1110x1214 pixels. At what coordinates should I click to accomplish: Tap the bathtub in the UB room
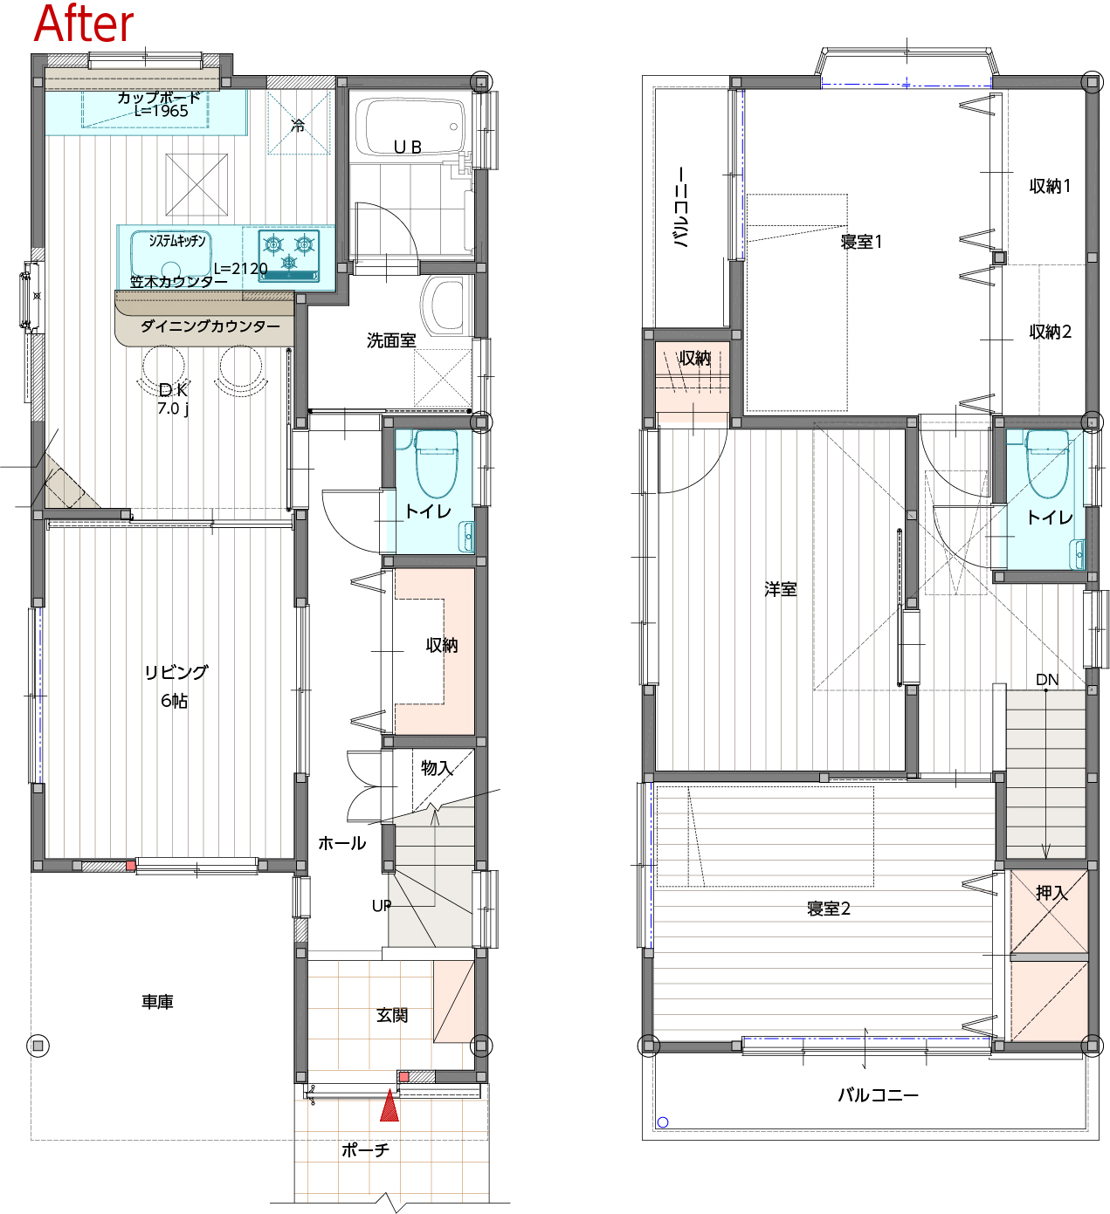point(410,127)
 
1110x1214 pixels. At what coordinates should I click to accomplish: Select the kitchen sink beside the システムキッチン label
point(171,254)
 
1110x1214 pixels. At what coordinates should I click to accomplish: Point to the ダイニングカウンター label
point(210,326)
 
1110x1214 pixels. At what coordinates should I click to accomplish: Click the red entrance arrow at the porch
point(390,1104)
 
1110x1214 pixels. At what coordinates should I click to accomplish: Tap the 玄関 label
point(392,1015)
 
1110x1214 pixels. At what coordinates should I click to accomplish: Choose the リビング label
point(176,672)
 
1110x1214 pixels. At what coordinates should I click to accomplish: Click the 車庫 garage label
point(157,1002)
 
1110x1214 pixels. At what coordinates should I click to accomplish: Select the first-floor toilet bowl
point(436,463)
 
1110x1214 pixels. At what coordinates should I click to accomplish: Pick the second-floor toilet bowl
point(1047,463)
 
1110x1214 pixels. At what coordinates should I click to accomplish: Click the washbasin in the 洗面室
point(446,305)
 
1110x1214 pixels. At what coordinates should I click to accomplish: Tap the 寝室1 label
point(861,242)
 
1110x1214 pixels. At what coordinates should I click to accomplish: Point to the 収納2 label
point(1051,332)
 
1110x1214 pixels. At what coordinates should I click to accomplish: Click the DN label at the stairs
point(1047,680)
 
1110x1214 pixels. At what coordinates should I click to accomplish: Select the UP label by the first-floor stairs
point(382,906)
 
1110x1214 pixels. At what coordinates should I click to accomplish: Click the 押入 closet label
point(1051,893)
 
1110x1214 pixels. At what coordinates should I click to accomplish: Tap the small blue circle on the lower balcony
point(663,1122)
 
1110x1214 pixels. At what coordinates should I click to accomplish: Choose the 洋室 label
point(781,589)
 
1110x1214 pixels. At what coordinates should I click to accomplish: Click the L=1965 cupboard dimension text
point(161,112)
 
